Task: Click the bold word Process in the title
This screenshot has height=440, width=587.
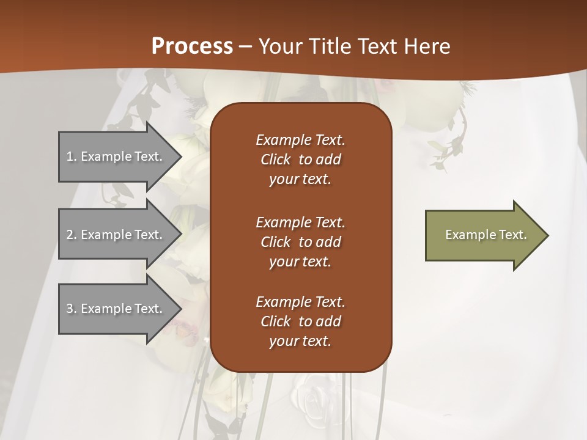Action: [x=192, y=46]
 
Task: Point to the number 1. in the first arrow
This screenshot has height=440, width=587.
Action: [x=71, y=156]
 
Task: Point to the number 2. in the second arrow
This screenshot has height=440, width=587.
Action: [x=71, y=235]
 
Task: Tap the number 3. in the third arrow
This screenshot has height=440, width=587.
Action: [x=71, y=309]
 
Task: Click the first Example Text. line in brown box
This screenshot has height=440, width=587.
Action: [x=300, y=140]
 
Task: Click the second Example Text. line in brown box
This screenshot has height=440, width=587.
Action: [x=300, y=222]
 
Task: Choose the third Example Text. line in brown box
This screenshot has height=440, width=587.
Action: [x=300, y=302]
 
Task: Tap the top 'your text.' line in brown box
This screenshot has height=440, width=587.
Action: [x=300, y=179]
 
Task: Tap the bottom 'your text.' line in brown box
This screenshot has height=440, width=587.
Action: [x=300, y=341]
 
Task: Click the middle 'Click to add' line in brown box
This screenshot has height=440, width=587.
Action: [x=300, y=242]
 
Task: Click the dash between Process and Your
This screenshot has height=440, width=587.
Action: [x=245, y=46]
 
